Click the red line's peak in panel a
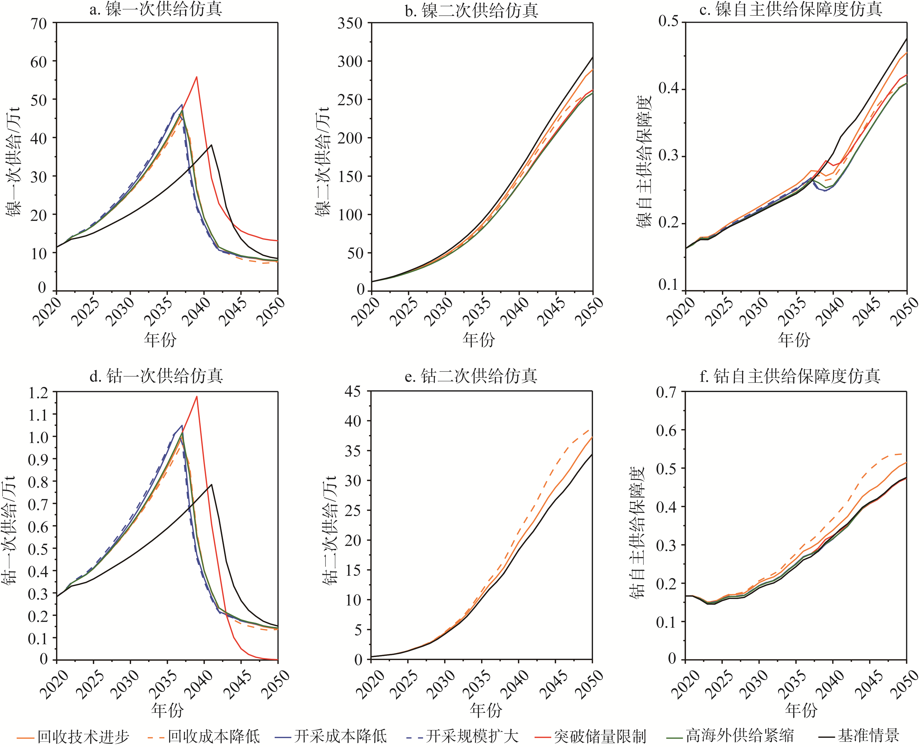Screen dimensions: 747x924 197,77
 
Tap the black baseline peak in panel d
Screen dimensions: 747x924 211,485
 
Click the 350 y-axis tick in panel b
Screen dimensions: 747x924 350,23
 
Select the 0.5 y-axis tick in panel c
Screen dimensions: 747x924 668,22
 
